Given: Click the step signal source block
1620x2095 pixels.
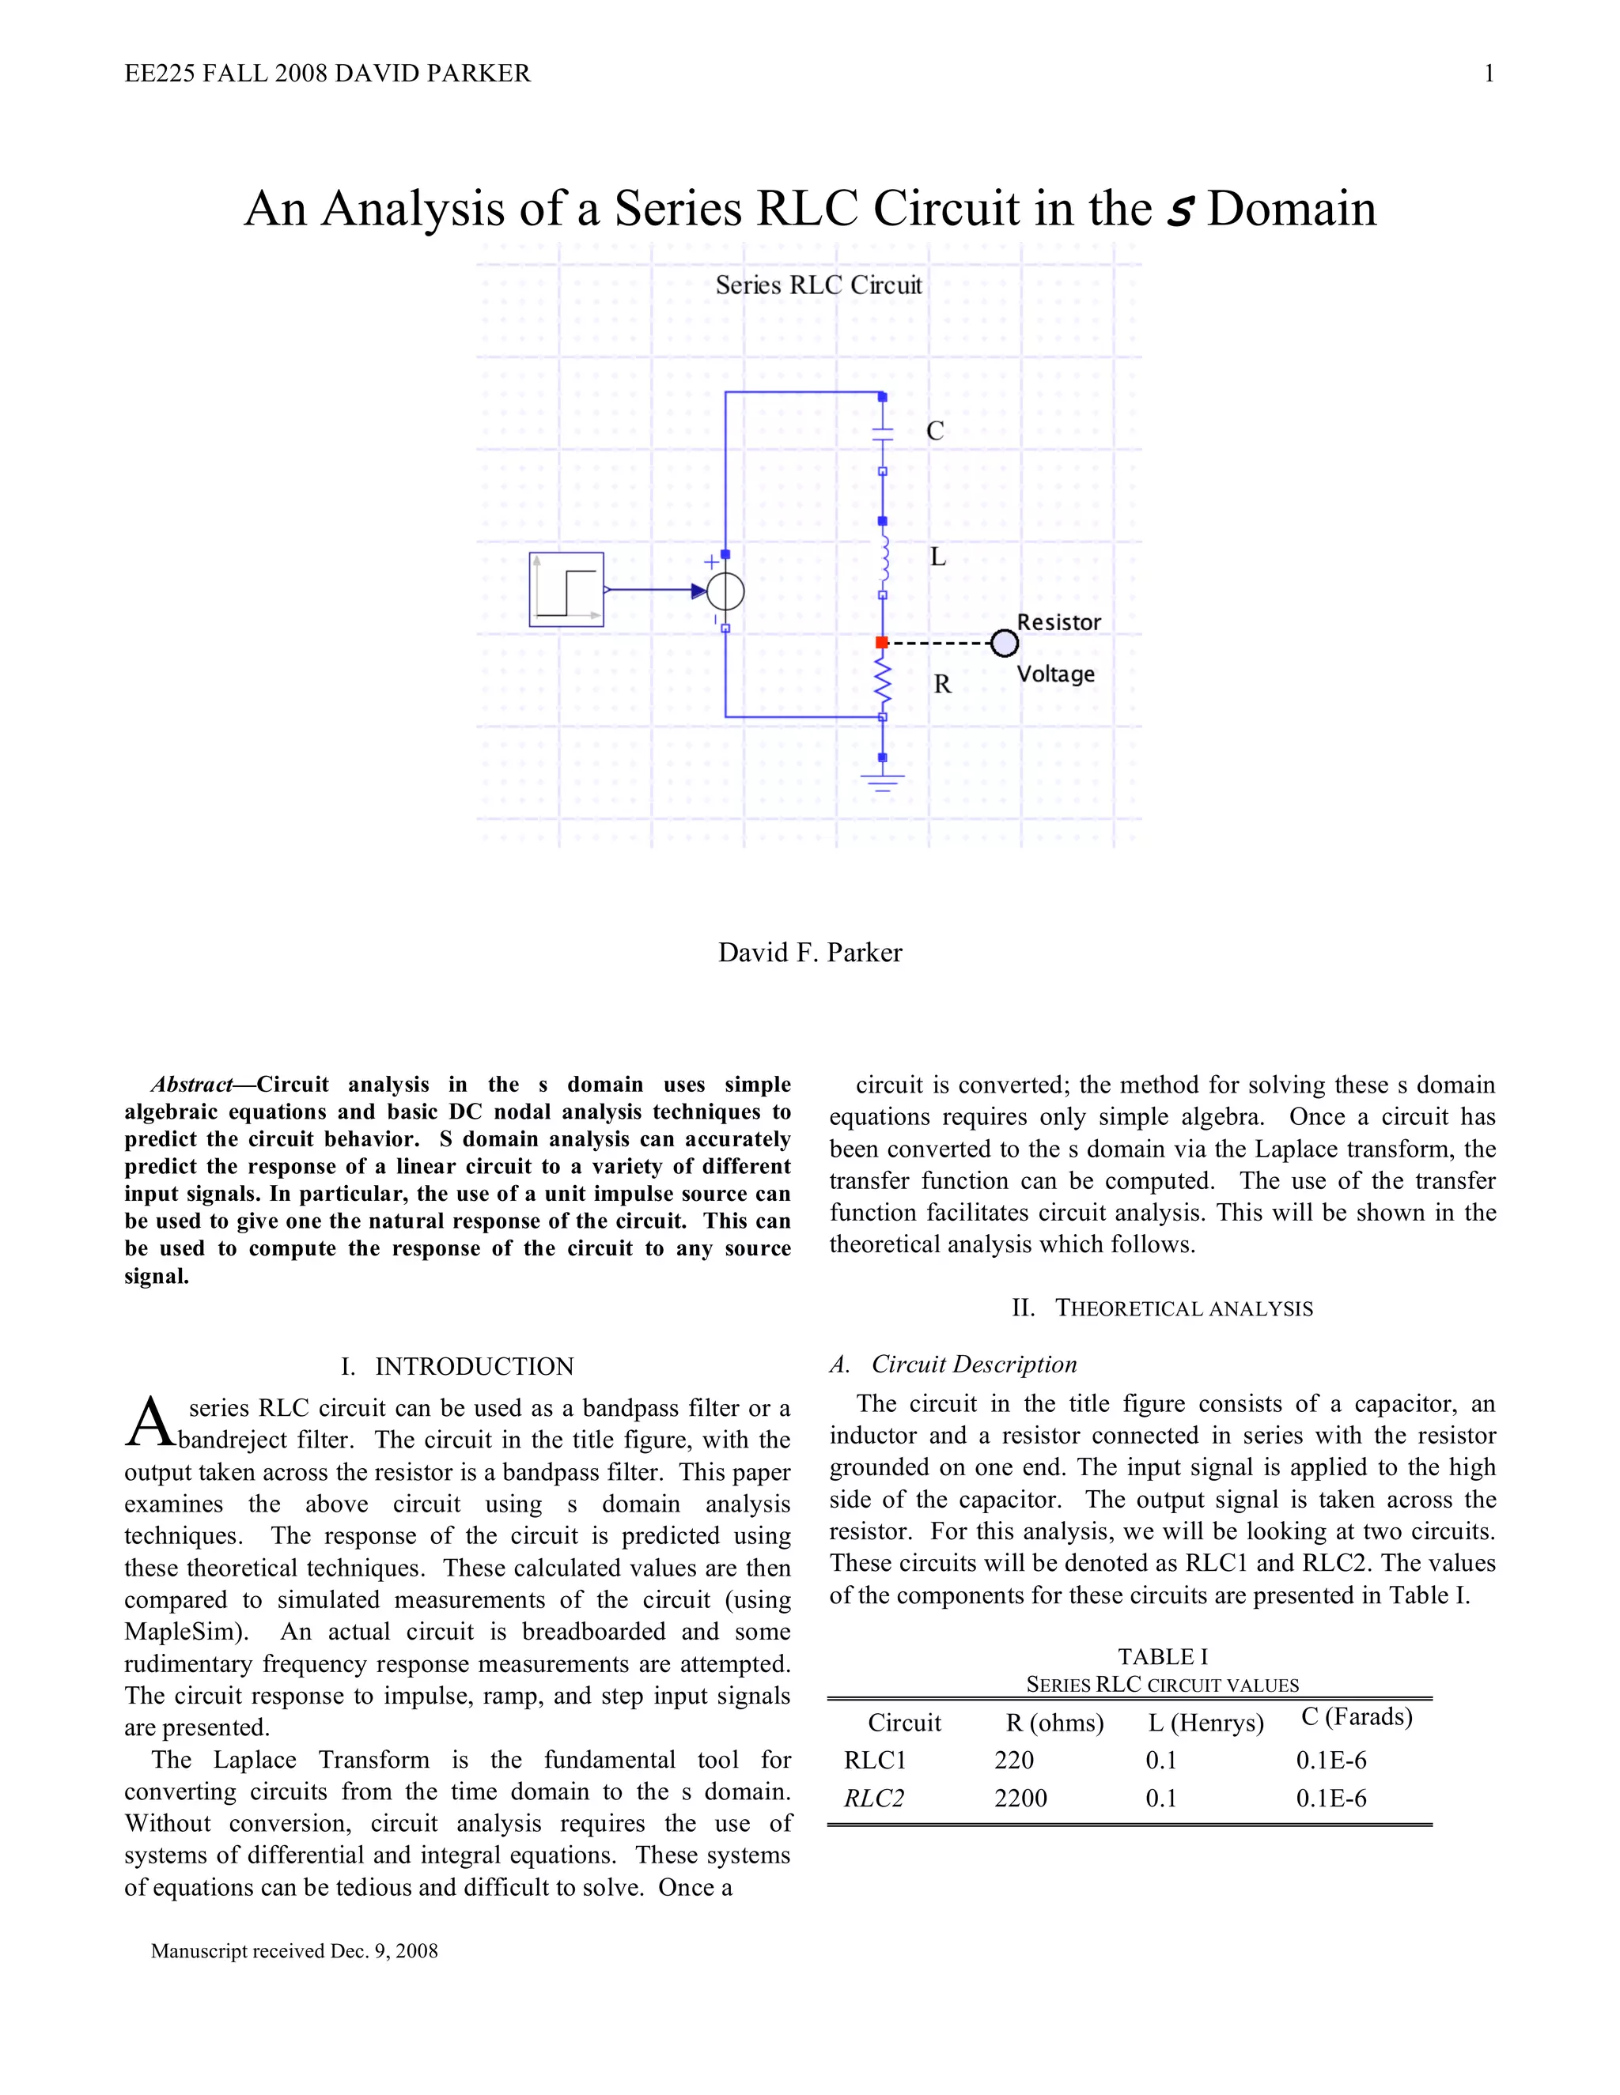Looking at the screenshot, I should [566, 590].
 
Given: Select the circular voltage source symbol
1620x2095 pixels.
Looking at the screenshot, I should [725, 591].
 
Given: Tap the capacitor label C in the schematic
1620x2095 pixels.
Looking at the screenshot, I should [935, 432].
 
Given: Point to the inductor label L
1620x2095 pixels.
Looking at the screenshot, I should [937, 557].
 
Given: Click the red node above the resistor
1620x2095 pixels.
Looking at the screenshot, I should [882, 642].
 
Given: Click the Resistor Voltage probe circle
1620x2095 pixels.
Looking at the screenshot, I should [1004, 644].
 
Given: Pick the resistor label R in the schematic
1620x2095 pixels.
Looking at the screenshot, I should [942, 685].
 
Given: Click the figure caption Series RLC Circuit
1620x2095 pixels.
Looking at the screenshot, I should [818, 285].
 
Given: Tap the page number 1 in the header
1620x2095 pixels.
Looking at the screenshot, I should [1489, 74].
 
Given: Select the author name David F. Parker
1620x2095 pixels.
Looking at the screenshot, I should [810, 953].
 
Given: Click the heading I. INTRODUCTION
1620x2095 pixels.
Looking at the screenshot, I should [457, 1366].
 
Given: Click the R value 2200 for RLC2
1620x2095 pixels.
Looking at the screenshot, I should [1020, 1798].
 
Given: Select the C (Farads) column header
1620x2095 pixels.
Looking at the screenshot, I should [1356, 1716].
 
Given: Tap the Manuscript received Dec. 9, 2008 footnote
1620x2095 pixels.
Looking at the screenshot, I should [293, 1950].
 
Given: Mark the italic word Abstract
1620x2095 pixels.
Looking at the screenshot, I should [192, 1085].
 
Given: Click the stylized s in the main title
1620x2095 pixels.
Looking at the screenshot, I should [1179, 210].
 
